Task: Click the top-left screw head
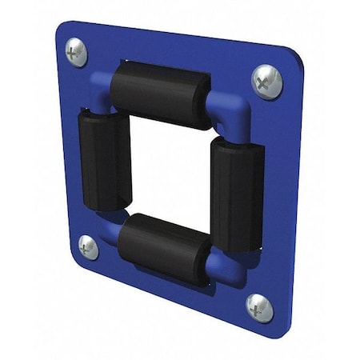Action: [76, 53]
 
